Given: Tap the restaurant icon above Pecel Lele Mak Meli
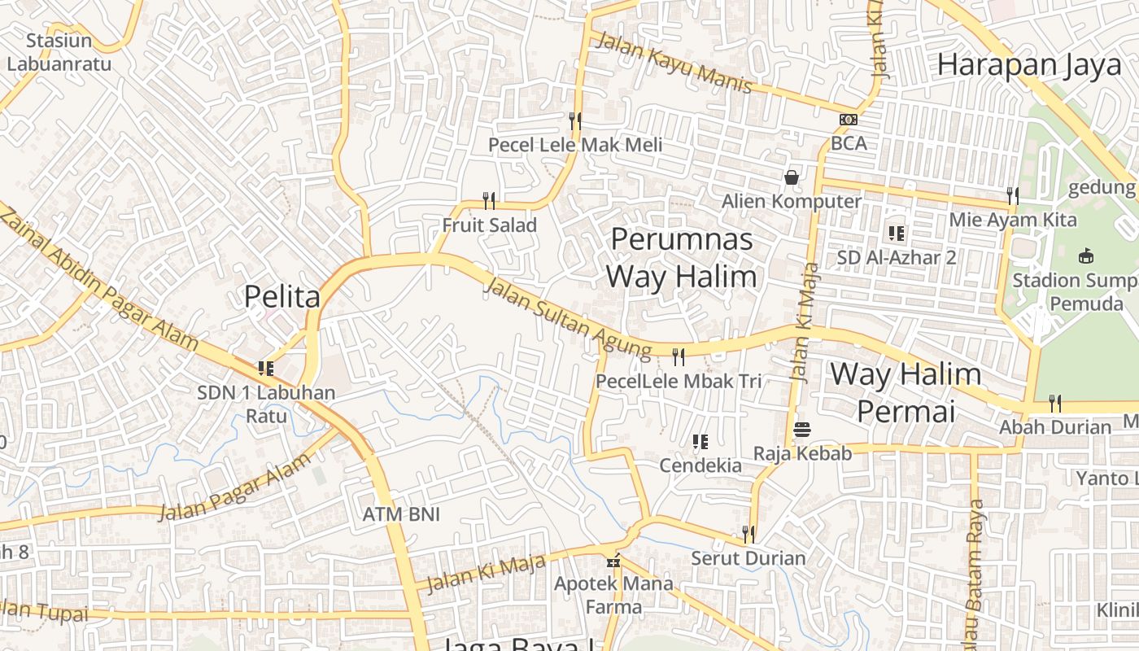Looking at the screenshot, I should tap(575, 121).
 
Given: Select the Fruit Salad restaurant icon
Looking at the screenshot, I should tap(489, 200).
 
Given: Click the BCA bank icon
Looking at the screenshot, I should tap(849, 120).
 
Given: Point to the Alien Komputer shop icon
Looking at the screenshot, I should tap(792, 177).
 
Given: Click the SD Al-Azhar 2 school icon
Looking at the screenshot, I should tap(897, 234).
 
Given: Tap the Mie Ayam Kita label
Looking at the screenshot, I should tap(1013, 220).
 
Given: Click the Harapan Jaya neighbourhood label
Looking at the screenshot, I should tap(1029, 65).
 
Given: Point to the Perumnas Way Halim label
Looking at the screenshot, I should tap(682, 258).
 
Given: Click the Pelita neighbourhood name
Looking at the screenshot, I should tap(282, 297).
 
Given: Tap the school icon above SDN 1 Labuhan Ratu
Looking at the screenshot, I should tap(265, 369).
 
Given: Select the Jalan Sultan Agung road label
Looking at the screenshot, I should tap(568, 317).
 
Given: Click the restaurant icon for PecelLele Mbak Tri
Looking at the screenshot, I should tap(679, 356).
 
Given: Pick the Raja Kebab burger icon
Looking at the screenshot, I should tap(802, 429).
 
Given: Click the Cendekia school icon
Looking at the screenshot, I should tap(700, 442).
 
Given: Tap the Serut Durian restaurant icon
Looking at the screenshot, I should tap(748, 534).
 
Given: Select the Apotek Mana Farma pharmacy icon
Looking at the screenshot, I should tap(614, 561).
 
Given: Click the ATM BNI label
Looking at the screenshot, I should tap(401, 514).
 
